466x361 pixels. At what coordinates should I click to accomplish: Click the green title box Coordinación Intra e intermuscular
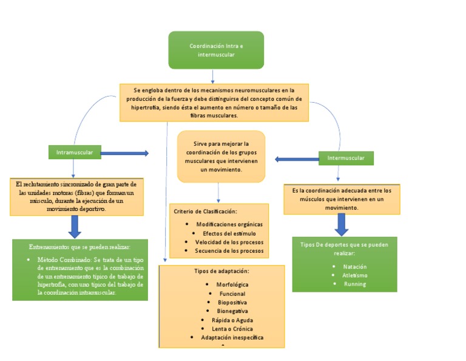[x=215, y=50]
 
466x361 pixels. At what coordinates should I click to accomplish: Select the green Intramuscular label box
[x=74, y=152]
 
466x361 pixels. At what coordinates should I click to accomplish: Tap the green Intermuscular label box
[x=346, y=158]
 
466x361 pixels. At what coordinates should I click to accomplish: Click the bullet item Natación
[x=354, y=267]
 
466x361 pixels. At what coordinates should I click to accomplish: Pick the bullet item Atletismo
[x=354, y=275]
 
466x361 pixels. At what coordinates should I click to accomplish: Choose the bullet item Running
[x=354, y=284]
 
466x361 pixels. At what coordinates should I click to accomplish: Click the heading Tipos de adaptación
[x=221, y=270]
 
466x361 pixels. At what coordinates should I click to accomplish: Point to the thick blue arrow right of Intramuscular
[x=124, y=153]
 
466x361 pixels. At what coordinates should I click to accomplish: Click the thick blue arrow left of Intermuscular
[x=297, y=159]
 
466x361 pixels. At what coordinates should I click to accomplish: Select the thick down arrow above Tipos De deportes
[x=342, y=224]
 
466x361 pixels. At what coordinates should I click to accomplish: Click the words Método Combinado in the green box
[x=58, y=260]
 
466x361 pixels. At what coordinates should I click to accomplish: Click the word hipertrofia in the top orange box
[x=147, y=108]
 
